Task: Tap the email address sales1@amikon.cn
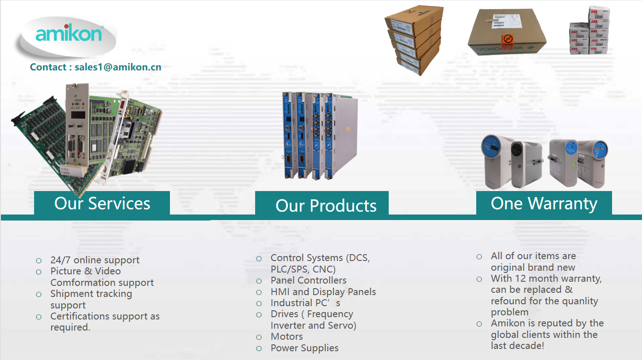click(118, 67)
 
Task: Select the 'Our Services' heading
click(102, 203)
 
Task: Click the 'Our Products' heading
click(326, 205)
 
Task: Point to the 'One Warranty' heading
click(544, 204)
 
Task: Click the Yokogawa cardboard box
click(507, 32)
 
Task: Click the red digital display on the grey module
click(78, 115)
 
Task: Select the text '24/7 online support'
click(95, 260)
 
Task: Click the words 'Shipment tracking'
click(91, 294)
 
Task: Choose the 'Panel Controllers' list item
click(309, 280)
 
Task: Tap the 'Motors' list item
click(286, 337)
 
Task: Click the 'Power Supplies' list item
click(304, 348)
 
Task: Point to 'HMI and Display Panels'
click(323, 292)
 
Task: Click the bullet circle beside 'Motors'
click(259, 337)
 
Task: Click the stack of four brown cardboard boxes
click(414, 40)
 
